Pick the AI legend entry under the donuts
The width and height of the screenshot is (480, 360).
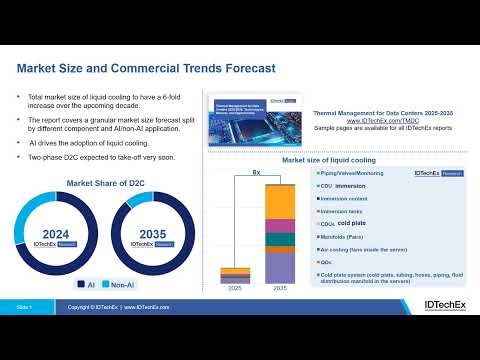[x=87, y=284]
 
